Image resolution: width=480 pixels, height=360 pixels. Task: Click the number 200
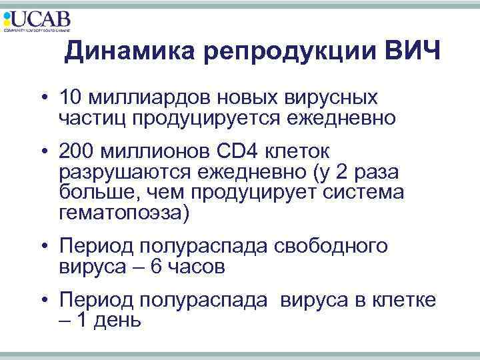pyautogui.click(x=77, y=153)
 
